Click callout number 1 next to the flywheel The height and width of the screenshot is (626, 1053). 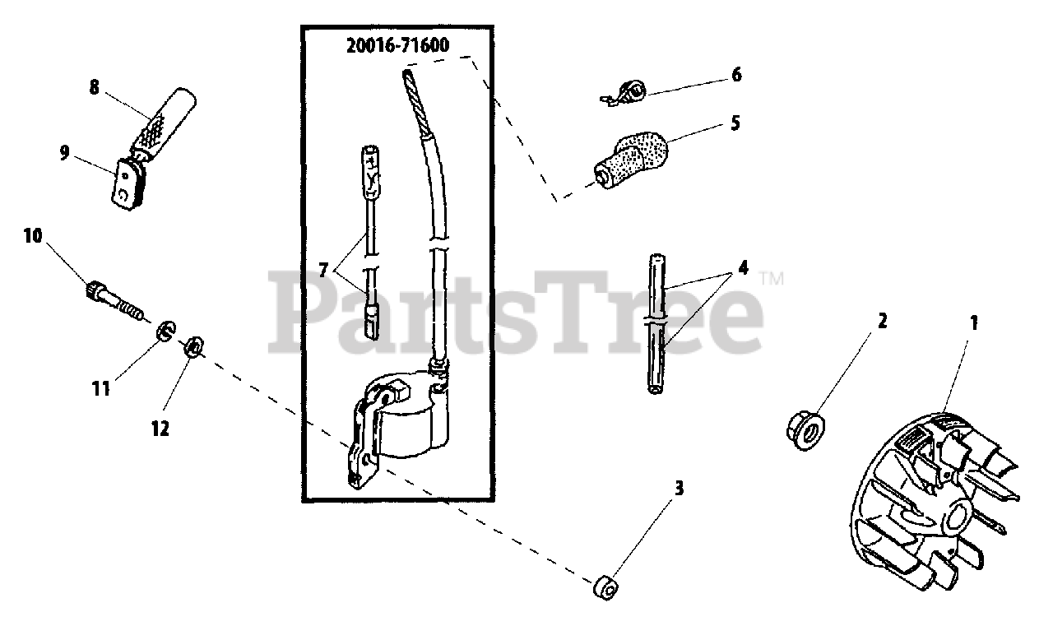click(973, 323)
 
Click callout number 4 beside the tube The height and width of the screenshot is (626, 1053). click(744, 268)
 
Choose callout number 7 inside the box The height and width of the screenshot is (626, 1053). click(324, 268)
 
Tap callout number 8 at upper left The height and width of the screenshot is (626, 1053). click(94, 88)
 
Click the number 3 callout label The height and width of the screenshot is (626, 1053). click(679, 489)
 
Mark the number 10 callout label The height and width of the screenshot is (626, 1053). click(32, 236)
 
